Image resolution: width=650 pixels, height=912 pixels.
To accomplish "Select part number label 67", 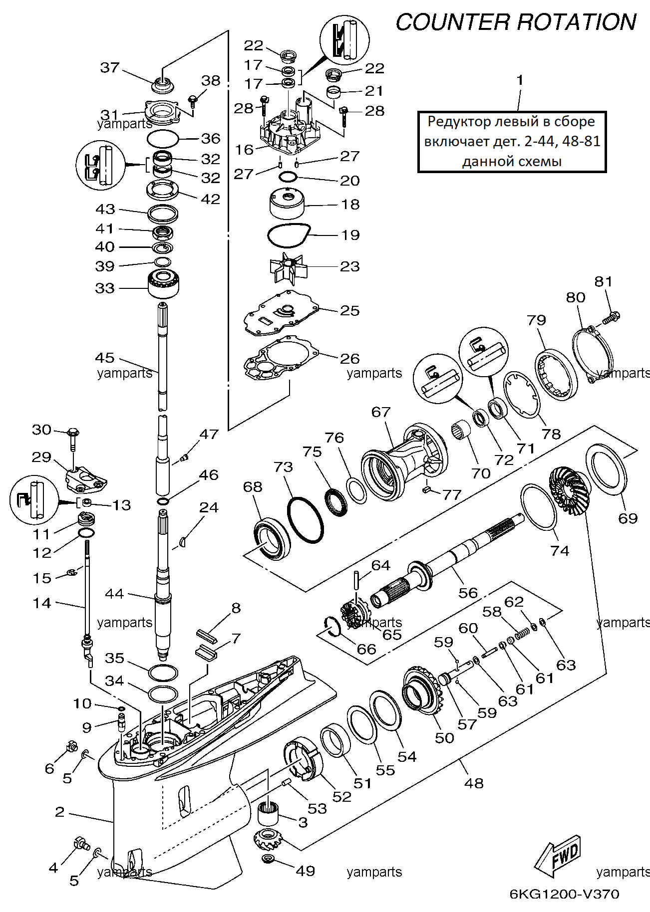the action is (x=381, y=412).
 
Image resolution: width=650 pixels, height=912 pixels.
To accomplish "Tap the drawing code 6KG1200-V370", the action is (x=564, y=894).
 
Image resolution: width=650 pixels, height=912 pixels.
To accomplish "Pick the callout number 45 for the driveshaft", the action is (x=105, y=358).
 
